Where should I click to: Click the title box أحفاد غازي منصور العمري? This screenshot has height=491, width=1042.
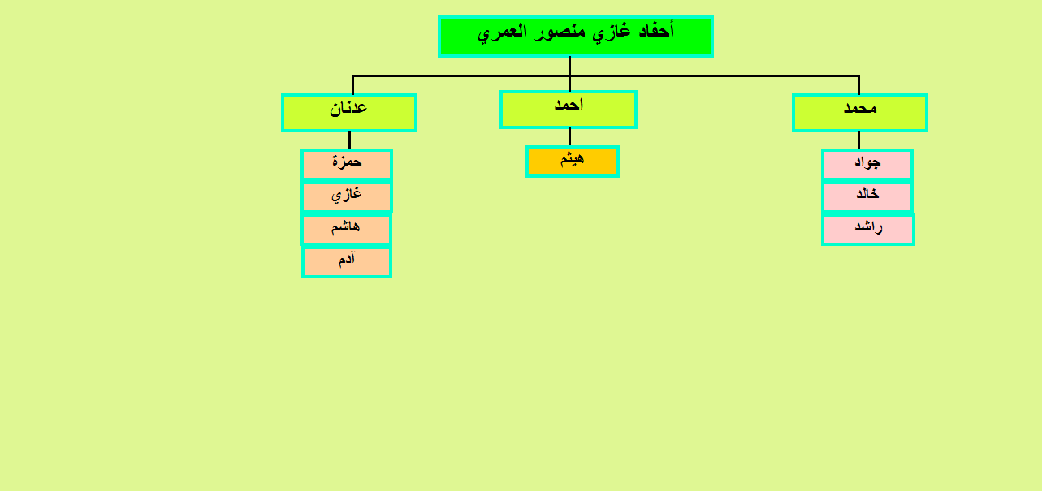[x=576, y=37]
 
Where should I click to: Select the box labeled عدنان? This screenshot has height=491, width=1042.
[x=349, y=113]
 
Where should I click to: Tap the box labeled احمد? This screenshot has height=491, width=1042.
[x=568, y=110]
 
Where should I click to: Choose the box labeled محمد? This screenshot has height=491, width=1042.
[x=859, y=113]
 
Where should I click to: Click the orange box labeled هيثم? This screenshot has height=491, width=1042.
[x=573, y=162]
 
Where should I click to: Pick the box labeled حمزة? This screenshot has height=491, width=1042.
[x=347, y=164]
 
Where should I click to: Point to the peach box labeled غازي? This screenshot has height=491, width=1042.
[x=347, y=196]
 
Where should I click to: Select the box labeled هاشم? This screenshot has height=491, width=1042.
[x=346, y=229]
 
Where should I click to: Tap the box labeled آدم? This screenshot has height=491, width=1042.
[x=347, y=262]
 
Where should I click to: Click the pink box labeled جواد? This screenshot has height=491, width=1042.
[x=867, y=164]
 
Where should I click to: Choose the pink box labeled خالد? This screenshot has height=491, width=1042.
[x=867, y=196]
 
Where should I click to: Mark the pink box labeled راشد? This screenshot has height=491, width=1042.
[x=868, y=229]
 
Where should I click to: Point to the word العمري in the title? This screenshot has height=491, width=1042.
[x=503, y=33]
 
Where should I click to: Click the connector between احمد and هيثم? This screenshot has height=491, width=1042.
[x=569, y=137]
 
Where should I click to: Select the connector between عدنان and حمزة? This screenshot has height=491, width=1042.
[x=349, y=140]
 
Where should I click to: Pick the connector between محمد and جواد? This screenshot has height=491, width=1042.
[x=858, y=140]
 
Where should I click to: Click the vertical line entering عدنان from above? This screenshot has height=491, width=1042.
[x=352, y=84]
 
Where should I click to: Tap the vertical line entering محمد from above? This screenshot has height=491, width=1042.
[x=858, y=84]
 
